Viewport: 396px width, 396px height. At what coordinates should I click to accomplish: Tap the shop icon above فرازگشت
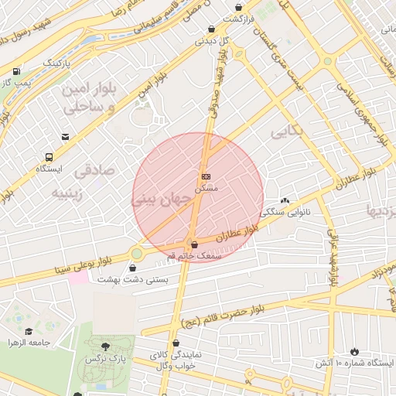click(238, 7)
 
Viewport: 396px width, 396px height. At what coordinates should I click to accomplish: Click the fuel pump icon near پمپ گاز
click(17, 72)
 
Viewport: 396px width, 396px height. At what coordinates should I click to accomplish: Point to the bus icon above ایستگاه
click(49, 155)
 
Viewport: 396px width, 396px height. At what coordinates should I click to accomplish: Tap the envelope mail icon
click(66, 137)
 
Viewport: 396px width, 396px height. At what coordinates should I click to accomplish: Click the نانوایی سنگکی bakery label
click(285, 210)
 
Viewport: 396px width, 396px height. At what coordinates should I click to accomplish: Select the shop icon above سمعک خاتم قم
click(193, 244)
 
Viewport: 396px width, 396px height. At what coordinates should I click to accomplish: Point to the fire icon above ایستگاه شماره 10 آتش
click(354, 351)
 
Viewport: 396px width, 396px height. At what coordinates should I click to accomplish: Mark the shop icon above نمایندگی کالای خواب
click(176, 343)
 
